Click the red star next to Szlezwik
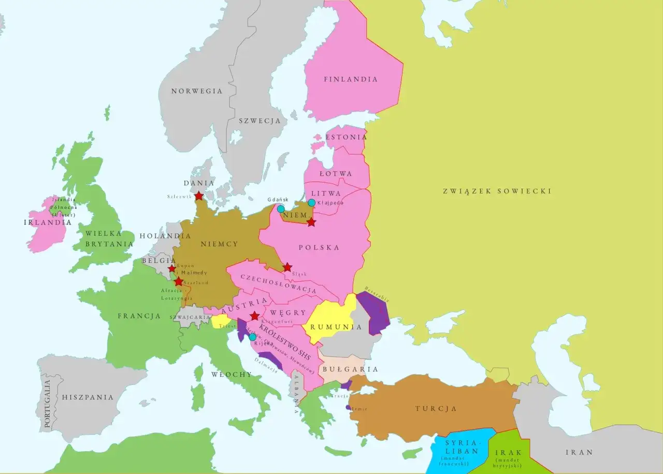pos(199,196)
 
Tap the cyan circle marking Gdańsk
pos(281,209)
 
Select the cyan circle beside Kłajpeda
pos(311,203)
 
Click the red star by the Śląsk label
pos(287,268)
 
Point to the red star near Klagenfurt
pos(254,316)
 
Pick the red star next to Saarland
pos(179,282)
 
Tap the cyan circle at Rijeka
pos(252,337)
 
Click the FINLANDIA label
pos(351,79)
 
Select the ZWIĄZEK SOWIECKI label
pos(497,191)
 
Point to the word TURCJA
pos(436,409)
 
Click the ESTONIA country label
pos(346,137)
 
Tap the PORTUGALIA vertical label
pos(48,404)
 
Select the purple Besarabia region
pos(374,311)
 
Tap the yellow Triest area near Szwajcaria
pos(221,321)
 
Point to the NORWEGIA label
pos(197,91)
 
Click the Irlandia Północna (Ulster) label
pos(63,207)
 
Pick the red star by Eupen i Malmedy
pos(172,269)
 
